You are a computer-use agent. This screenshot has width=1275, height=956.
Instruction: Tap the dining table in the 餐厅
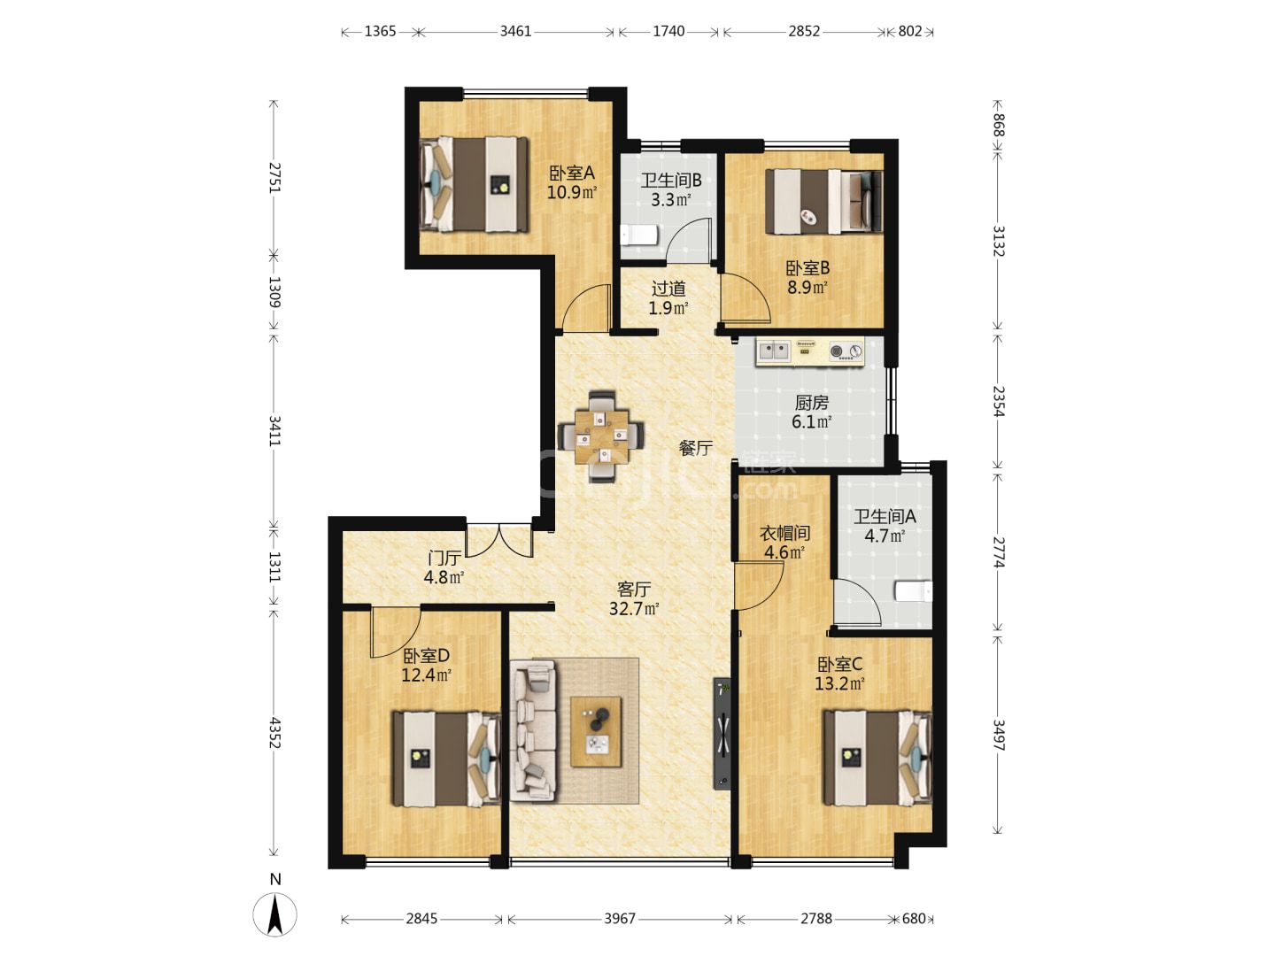tap(601, 436)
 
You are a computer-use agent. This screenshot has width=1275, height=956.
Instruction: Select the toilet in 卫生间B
tap(639, 235)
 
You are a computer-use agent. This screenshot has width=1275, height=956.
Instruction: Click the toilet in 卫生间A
tap(914, 591)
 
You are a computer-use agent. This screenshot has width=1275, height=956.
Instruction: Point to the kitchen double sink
tap(774, 351)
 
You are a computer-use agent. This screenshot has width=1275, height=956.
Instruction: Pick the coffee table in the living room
tap(596, 732)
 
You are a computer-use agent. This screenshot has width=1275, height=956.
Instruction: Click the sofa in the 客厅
tap(533, 733)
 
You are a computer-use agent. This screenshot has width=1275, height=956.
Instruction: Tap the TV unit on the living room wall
tap(722, 733)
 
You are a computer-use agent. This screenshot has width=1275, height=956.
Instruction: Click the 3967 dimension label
tap(620, 918)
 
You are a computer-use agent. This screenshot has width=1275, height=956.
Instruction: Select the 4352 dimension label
tap(274, 733)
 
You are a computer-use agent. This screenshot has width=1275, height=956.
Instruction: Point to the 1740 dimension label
tap(668, 31)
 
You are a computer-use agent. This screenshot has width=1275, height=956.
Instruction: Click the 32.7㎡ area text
tap(634, 608)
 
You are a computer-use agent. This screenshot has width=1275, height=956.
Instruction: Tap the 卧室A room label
tap(572, 173)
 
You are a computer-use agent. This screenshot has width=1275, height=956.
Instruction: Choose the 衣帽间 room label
tap(784, 533)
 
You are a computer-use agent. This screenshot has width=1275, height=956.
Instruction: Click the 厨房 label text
tap(811, 402)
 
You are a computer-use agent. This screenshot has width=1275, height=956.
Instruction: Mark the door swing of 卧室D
tap(396, 632)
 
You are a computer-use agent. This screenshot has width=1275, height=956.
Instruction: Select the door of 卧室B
tap(746, 298)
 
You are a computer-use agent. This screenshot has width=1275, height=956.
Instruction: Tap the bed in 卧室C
tap(877, 758)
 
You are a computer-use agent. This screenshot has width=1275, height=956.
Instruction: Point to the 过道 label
tap(668, 289)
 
